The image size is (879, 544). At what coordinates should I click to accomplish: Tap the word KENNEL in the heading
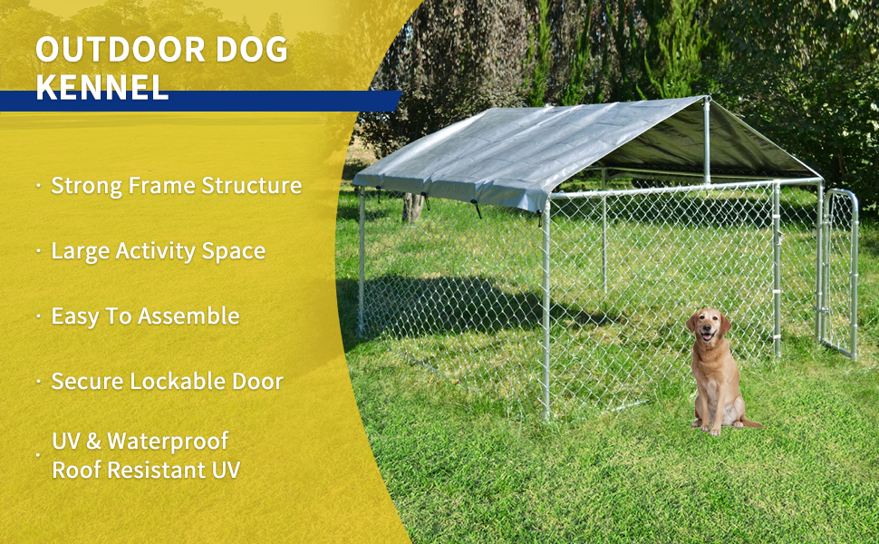tap(101, 87)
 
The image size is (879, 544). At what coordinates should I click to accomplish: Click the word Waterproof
tap(168, 442)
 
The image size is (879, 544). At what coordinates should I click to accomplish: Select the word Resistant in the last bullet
tap(159, 470)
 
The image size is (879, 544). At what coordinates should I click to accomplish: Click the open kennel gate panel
tap(840, 272)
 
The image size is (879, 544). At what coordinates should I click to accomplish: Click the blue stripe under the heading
tap(199, 101)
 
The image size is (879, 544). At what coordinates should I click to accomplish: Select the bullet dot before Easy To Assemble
tap(39, 316)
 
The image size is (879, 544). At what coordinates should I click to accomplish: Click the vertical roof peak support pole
tap(707, 141)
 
